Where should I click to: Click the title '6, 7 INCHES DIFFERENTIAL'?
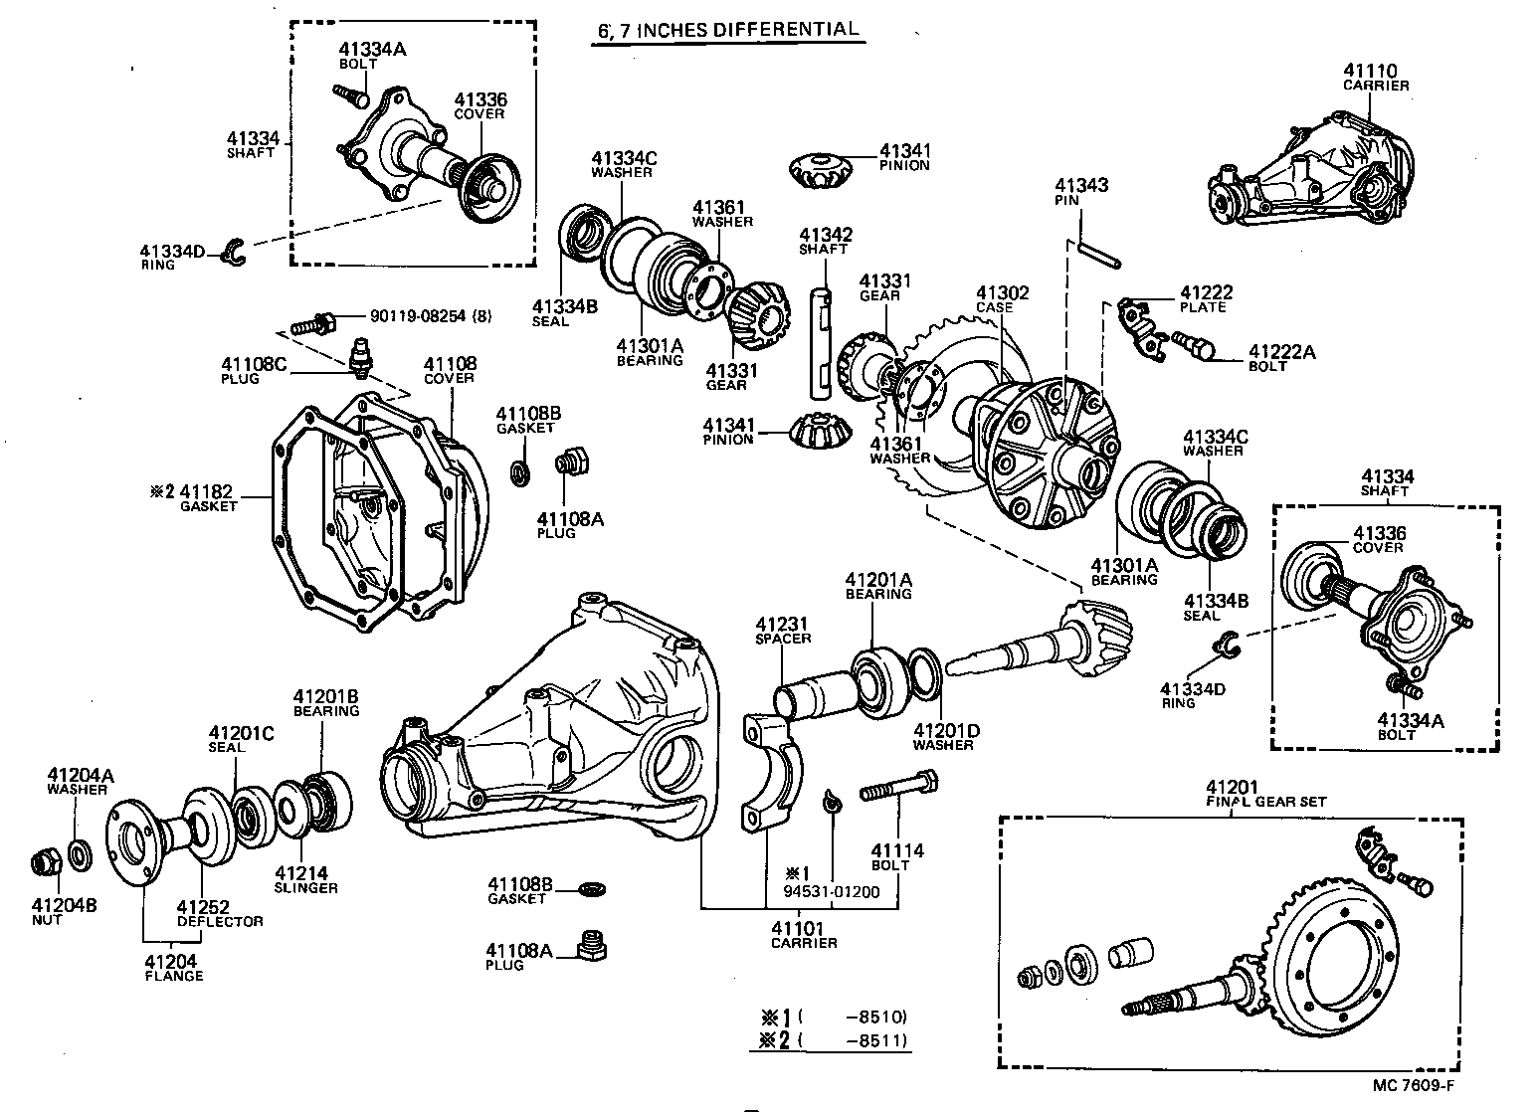727,30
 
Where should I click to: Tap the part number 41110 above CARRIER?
1370,71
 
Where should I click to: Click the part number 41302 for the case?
1002,293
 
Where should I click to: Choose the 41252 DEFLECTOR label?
219,914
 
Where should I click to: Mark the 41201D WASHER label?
946,737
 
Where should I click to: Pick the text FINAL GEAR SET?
1266,801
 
